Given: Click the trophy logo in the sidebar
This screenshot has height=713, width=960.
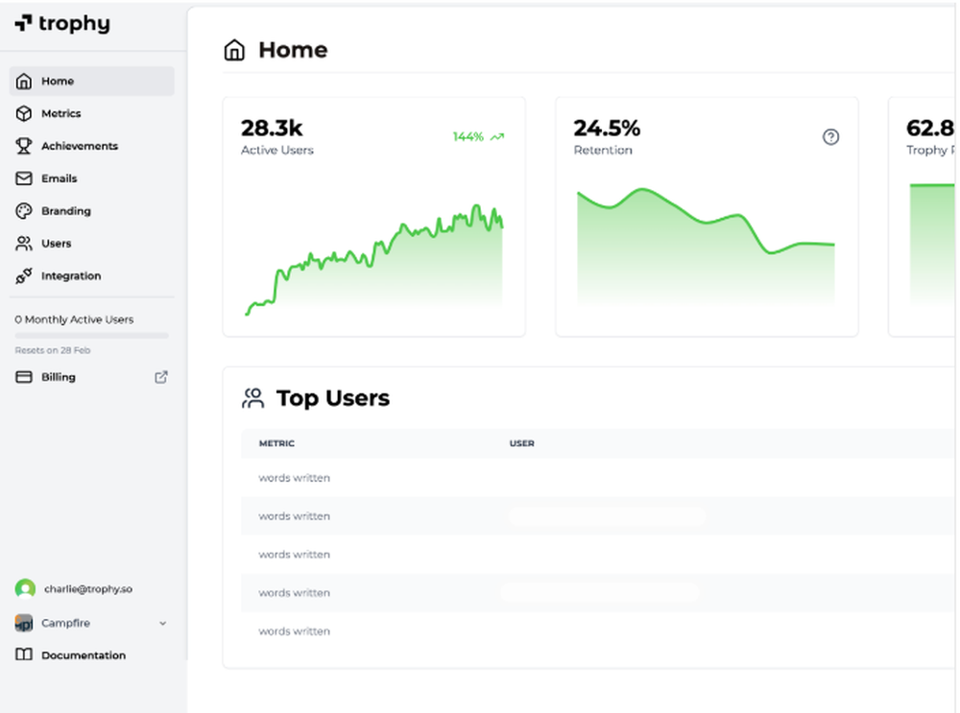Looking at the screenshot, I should click(x=61, y=24).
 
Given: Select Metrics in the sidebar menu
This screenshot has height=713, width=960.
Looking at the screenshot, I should click(x=60, y=113).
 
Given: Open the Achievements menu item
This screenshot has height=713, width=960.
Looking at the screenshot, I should click(x=79, y=146).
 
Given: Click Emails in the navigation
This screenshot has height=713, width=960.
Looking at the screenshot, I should click(x=59, y=178).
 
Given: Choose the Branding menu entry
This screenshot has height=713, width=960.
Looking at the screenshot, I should click(x=65, y=211).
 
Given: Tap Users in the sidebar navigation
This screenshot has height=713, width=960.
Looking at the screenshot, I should click(x=56, y=244).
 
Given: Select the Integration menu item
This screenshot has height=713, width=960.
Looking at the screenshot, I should click(x=70, y=276).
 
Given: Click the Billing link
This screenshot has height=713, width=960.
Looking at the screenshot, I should click(x=58, y=377).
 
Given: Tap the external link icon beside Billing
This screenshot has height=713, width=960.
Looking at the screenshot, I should click(x=161, y=377).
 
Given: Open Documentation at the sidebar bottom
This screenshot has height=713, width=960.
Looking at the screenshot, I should click(x=83, y=655).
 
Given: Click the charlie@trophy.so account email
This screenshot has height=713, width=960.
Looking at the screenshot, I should click(x=87, y=588).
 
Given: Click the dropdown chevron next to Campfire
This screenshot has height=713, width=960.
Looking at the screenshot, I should click(x=162, y=624).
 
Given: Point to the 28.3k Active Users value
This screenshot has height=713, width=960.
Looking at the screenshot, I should click(x=272, y=128).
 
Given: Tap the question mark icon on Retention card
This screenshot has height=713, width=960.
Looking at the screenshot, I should click(x=831, y=137).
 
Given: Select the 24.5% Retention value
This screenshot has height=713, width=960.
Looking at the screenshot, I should click(x=607, y=128).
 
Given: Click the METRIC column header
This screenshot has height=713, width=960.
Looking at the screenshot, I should click(x=276, y=443).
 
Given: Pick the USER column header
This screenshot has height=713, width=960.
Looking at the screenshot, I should click(x=521, y=443).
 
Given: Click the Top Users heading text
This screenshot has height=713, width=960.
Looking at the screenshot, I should click(x=332, y=398).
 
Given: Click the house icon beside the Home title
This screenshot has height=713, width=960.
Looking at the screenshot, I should click(x=234, y=50).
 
